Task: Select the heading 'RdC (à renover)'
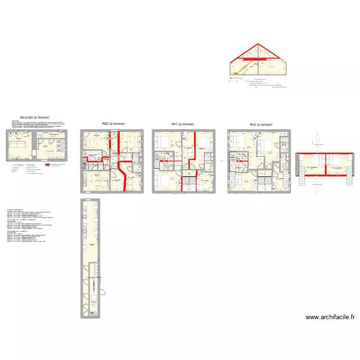pos(114,124)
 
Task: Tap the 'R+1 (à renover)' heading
pos(183,124)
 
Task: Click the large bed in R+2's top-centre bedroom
pos(267,144)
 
